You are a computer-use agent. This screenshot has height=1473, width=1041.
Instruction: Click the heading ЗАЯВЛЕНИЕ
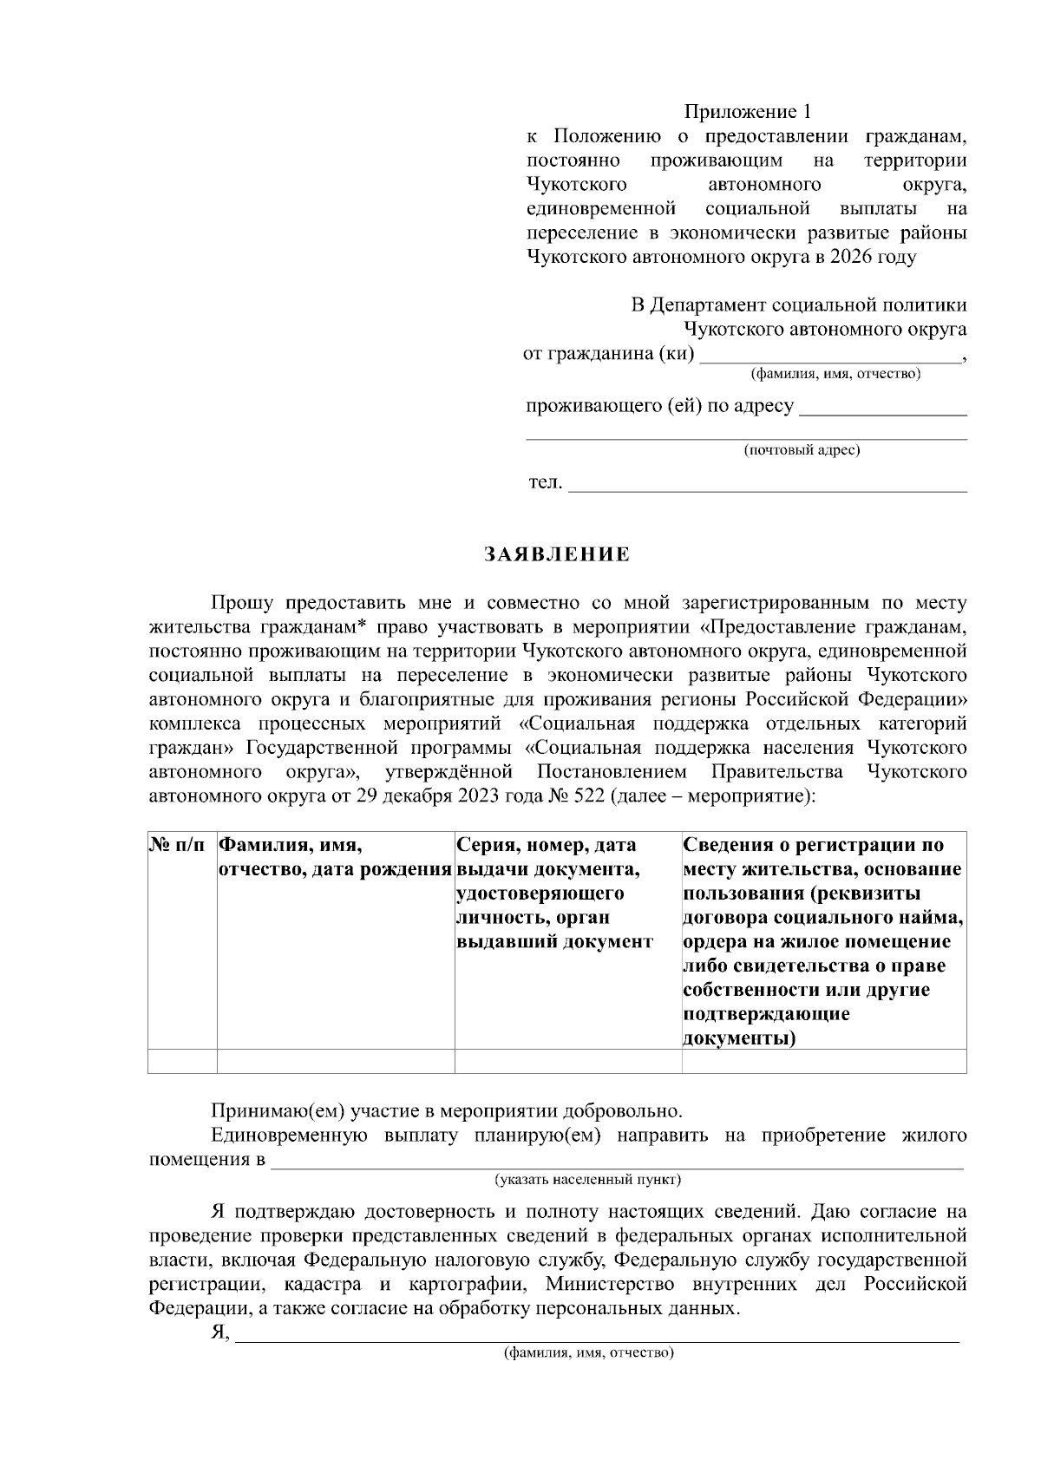(x=557, y=555)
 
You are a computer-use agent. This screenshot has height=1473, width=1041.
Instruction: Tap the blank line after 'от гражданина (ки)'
(x=830, y=358)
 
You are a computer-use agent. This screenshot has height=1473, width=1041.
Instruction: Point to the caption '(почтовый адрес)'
(x=802, y=450)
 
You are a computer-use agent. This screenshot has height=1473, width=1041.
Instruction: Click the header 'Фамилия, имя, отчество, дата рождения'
(x=334, y=857)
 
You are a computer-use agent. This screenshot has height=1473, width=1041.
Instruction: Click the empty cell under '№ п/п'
(x=182, y=1061)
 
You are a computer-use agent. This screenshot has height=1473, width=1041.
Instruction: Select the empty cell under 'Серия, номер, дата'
(x=568, y=1061)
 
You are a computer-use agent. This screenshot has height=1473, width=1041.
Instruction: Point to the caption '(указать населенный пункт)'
(x=588, y=1180)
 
